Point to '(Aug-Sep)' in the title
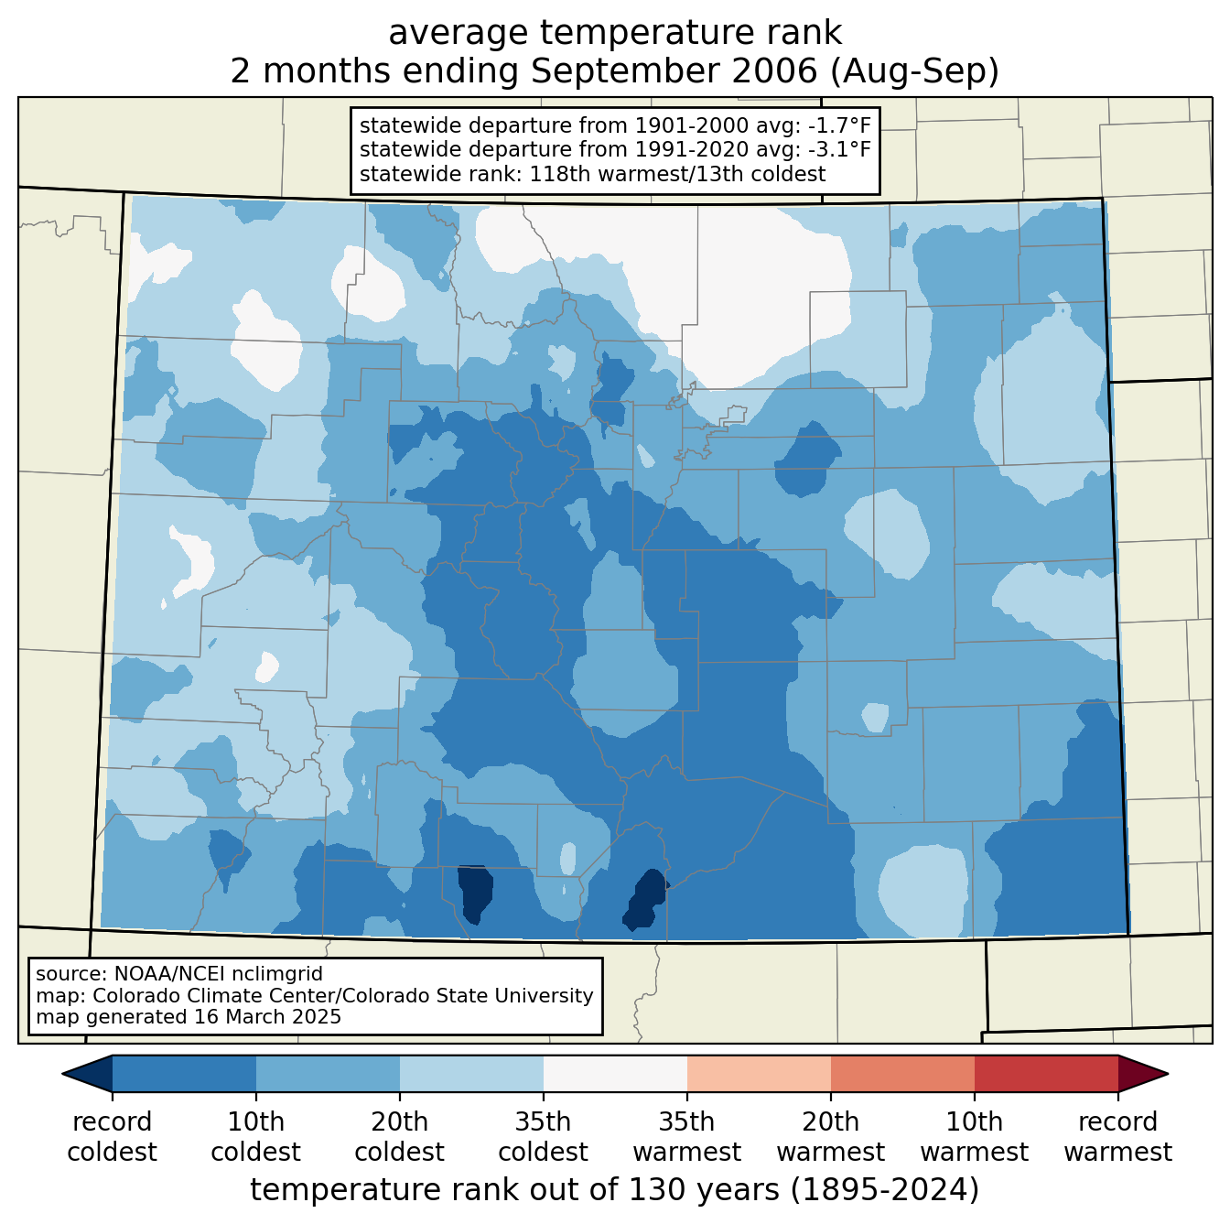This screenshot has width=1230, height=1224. click(913, 71)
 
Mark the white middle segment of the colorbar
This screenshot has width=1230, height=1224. click(615, 1074)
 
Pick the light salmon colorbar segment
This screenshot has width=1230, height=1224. click(759, 1074)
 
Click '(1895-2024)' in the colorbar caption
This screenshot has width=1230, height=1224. click(885, 1189)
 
